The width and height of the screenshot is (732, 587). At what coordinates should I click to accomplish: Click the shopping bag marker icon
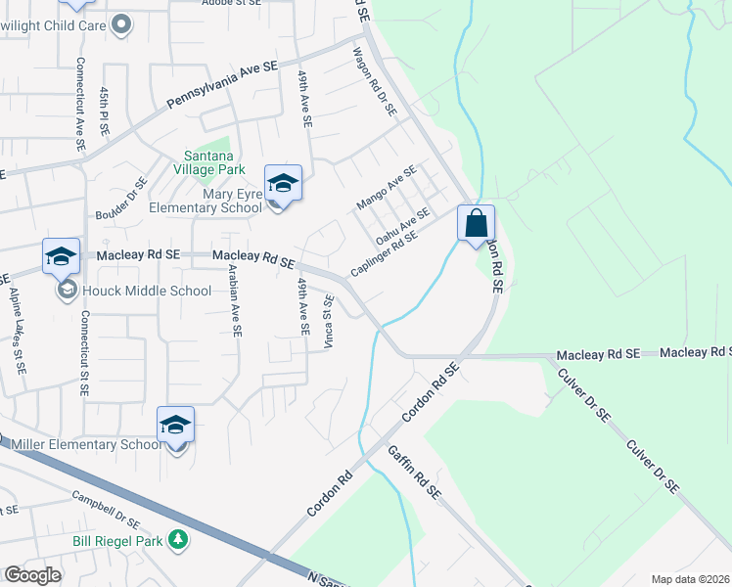pos(476,223)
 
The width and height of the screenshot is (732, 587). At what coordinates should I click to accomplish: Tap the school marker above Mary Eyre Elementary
pos(283,183)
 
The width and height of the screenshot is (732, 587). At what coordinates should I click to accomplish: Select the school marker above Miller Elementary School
pos(176,425)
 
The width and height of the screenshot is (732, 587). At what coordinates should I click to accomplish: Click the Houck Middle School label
pos(147,291)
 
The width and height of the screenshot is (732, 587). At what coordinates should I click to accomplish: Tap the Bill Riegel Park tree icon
pos(178,539)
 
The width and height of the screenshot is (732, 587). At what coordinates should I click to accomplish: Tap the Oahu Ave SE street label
pos(402,226)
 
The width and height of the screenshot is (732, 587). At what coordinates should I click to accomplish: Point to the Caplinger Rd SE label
pos(385,251)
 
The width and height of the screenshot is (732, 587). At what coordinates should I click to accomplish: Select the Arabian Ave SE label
pos(234,300)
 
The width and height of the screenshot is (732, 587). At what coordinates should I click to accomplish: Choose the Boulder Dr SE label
pos(121,199)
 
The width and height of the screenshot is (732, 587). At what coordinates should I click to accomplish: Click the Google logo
pos(32,575)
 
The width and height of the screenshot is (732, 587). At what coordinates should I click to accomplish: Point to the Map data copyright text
pos(690,579)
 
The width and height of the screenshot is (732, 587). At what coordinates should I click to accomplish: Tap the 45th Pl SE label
pos(104,111)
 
